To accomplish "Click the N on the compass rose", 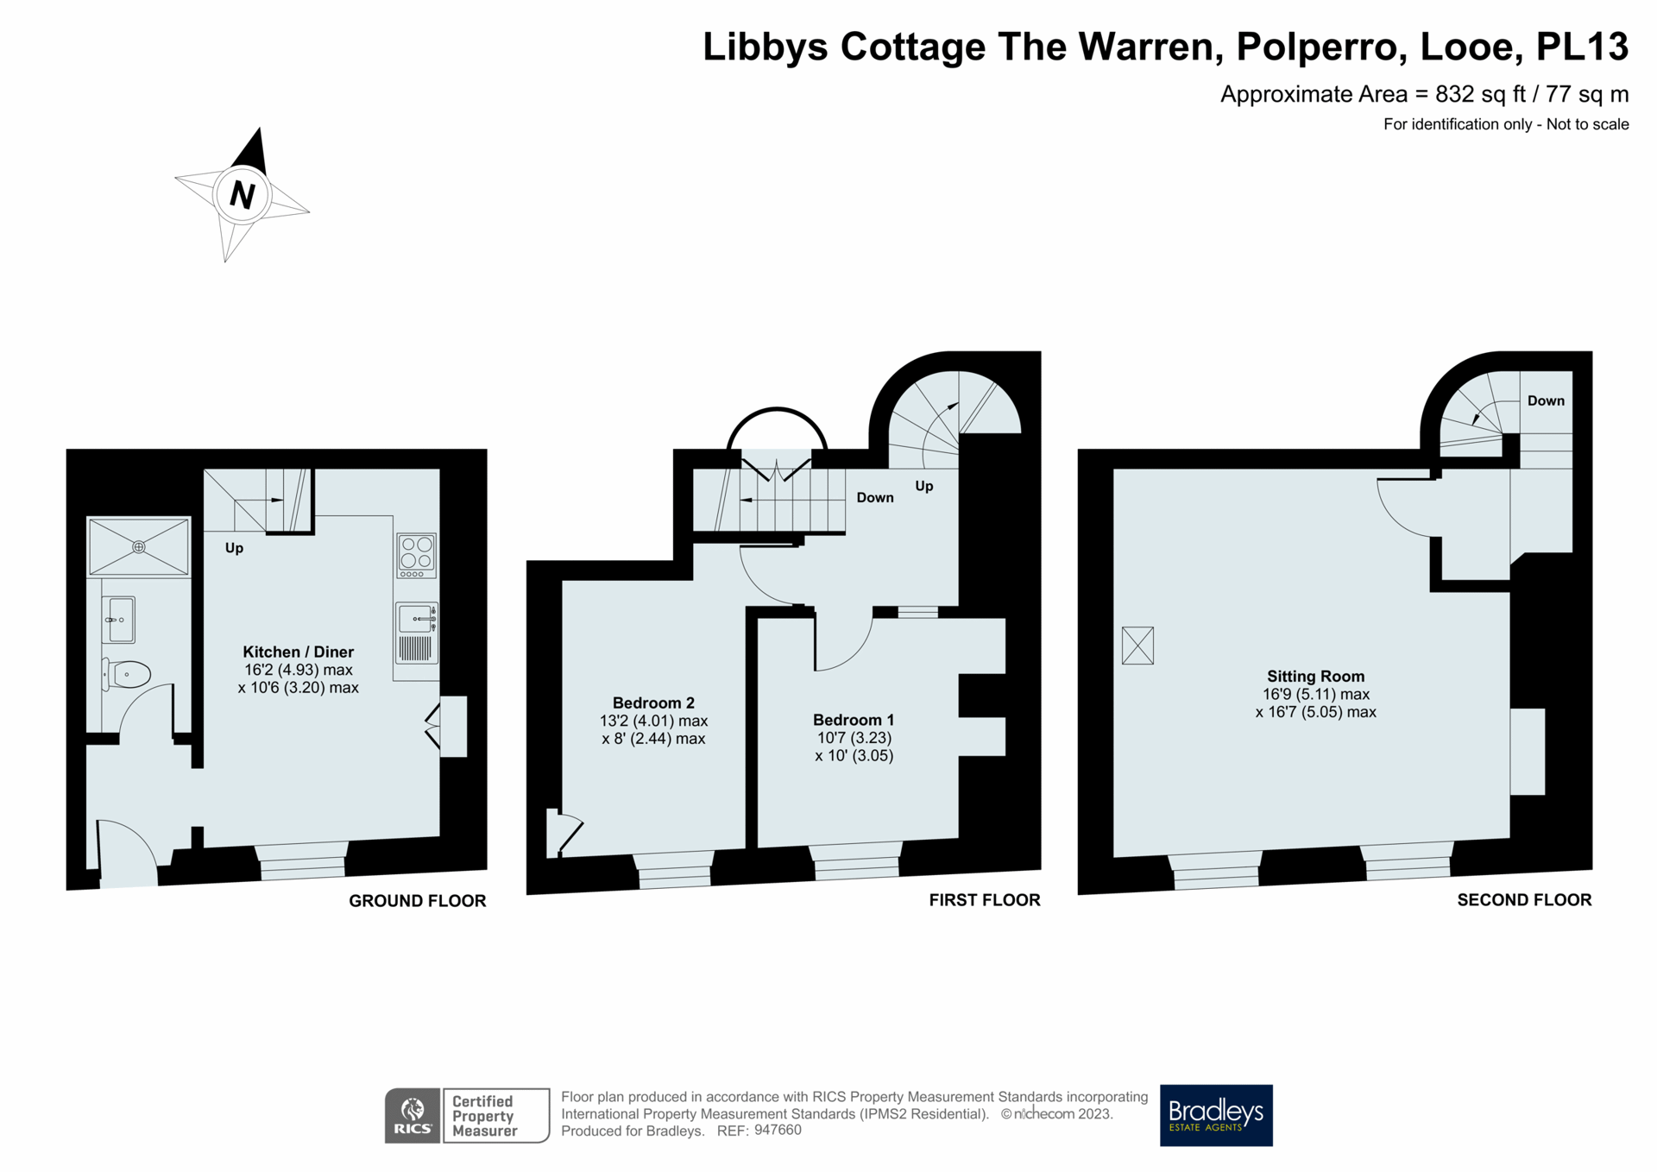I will coord(243,195).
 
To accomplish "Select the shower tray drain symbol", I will coord(138,546).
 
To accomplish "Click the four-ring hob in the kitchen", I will coord(417,555).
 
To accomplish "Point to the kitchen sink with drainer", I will coord(417,633).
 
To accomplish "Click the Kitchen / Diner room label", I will coord(298,652).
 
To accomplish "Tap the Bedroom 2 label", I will coord(653,703).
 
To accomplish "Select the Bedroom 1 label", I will coord(854,720).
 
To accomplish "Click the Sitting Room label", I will coord(1315,677).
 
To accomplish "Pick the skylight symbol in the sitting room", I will coord(1137,645).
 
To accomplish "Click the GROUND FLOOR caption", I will coord(417,900).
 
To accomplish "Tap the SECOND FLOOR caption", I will coord(1524,899).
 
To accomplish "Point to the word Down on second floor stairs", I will coord(1546,400).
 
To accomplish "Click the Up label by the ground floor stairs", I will coord(234,548).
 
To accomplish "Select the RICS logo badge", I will coord(413,1116).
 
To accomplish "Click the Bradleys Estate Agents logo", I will coord(1216,1115).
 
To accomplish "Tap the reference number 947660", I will coord(778,1131).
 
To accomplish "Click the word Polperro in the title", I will coord(1316,47).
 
